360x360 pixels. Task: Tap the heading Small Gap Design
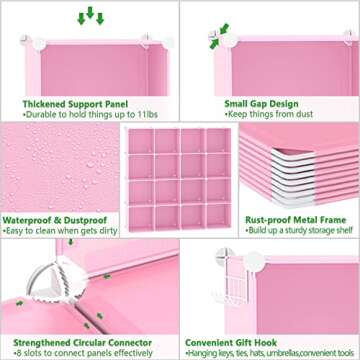(257, 101)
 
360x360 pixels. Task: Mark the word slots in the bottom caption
(34, 353)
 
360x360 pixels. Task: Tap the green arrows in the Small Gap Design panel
(214, 40)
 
